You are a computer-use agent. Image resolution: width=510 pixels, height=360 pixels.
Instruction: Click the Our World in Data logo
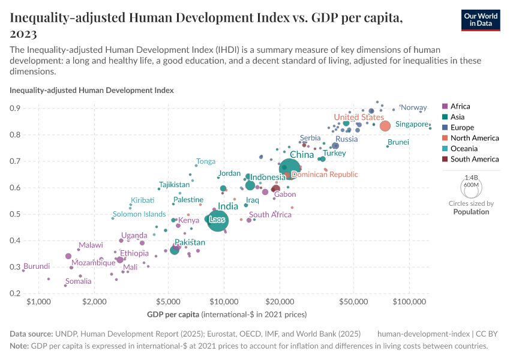click(480, 19)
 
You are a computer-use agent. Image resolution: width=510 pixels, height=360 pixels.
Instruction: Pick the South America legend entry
click(474, 159)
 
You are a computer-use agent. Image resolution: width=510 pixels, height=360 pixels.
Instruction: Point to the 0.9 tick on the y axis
click(17, 109)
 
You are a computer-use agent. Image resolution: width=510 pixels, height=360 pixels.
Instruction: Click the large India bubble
click(217, 221)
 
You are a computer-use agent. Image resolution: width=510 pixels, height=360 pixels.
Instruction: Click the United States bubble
click(385, 125)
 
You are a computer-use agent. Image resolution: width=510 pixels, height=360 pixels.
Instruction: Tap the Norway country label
click(413, 107)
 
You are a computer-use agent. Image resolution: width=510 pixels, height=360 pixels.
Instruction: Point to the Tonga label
click(206, 161)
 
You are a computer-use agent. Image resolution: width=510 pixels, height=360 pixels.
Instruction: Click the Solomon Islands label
click(139, 214)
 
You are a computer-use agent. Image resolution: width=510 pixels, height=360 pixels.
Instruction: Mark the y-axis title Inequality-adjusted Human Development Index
click(92, 91)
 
